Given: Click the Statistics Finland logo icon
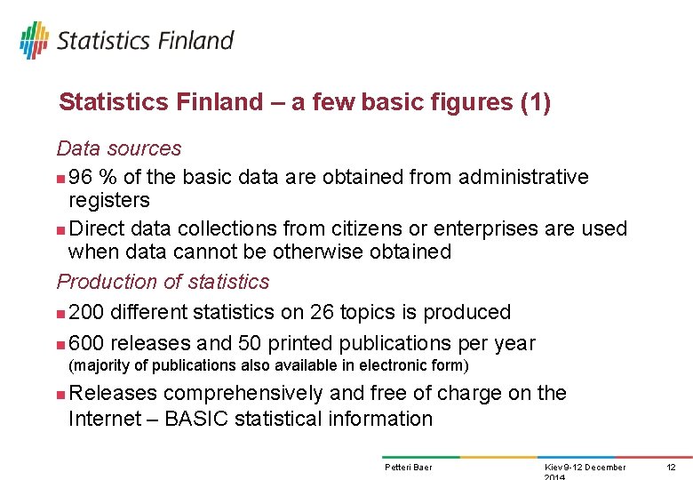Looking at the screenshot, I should [x=34, y=40].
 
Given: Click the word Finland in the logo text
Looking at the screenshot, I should [x=195, y=41].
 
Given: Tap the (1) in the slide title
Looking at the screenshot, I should [x=536, y=103].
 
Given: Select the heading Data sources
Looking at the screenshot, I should [x=119, y=148].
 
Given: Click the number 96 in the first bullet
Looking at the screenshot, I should [x=81, y=178].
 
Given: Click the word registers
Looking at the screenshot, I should [x=109, y=200].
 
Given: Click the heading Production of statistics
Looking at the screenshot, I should [x=163, y=282].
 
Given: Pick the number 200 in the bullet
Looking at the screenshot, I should [x=85, y=313].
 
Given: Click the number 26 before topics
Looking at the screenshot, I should [x=322, y=313].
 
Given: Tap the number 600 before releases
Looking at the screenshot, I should [x=85, y=343].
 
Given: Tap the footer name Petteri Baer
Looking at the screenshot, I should [x=408, y=468].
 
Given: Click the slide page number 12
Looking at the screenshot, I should [x=671, y=468].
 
